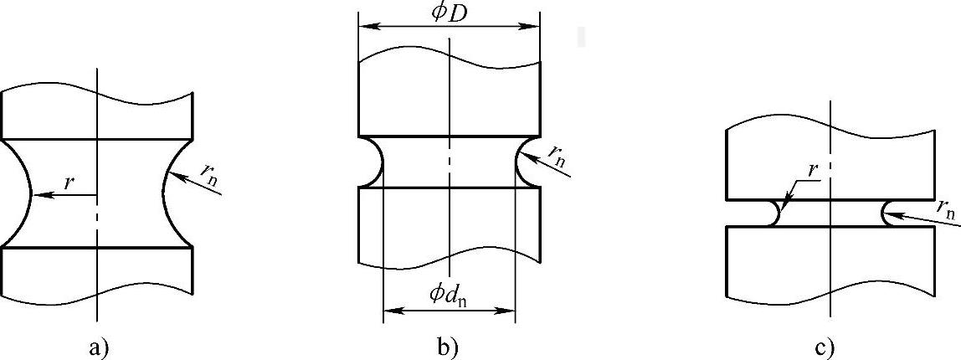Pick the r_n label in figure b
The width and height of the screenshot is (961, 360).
pos(556,152)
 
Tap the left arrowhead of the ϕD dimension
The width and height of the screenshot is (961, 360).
pos(364,26)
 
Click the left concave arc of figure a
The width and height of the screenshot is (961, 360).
pos(20,193)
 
